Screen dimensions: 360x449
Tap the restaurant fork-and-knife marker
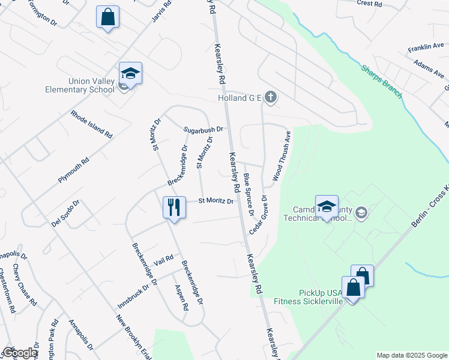click(x=174, y=208)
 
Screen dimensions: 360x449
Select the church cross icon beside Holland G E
click(x=271, y=97)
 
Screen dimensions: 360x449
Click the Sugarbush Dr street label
click(x=203, y=129)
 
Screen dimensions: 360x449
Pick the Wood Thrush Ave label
click(x=282, y=155)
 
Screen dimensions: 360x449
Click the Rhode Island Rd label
click(x=91, y=124)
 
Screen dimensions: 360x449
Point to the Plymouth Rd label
click(x=74, y=170)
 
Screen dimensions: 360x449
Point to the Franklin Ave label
click(x=426, y=47)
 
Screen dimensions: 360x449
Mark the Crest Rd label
click(x=369, y=4)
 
